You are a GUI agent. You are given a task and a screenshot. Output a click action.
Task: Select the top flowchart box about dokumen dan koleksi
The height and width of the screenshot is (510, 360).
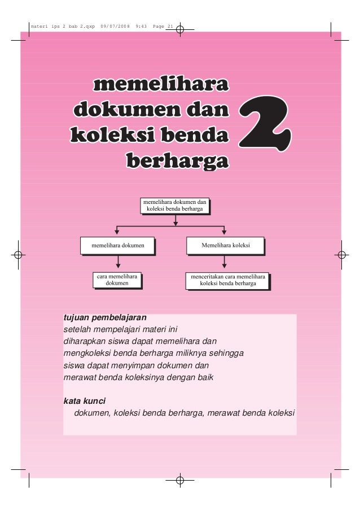[x=175, y=204]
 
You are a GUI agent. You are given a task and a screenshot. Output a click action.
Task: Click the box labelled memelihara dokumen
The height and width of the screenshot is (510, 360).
[x=118, y=246]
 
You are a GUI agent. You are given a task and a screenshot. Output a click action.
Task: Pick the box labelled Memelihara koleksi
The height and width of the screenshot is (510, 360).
[x=225, y=246]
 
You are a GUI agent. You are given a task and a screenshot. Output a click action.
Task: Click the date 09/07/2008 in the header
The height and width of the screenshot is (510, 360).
[x=115, y=27]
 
